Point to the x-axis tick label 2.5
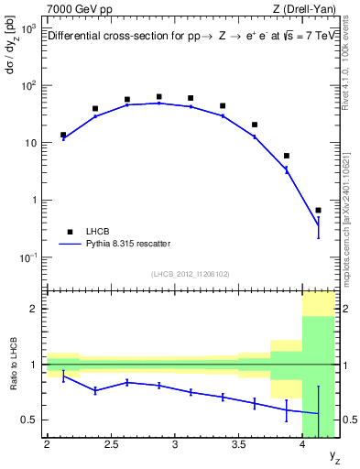tap(112, 447)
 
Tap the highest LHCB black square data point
tap(158, 96)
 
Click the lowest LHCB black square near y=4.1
tap(318, 210)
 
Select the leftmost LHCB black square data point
tap(63, 135)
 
